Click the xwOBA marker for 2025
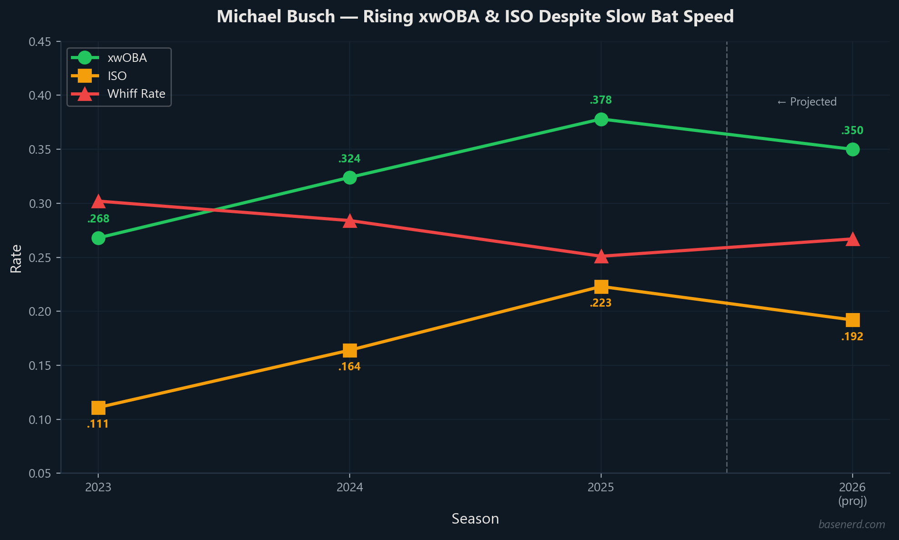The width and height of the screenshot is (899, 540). pos(601,119)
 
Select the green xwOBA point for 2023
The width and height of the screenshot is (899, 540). pos(98,238)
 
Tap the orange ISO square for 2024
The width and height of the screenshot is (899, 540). pos(349,350)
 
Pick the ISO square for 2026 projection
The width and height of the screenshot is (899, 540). pos(852,320)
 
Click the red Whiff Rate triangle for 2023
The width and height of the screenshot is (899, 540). pos(98,202)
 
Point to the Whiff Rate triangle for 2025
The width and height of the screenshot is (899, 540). pos(601,257)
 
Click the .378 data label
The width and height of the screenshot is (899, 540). pos(601,100)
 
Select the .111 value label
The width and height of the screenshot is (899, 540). pos(98,424)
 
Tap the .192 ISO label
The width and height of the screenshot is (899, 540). pos(852,337)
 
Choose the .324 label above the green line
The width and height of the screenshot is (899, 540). pos(349,159)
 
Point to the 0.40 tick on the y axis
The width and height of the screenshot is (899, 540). pos(40,96)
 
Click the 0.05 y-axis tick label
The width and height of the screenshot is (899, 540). pos(40,474)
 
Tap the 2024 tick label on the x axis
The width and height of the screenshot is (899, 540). pos(349,488)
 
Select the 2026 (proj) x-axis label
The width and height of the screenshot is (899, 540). pos(852,494)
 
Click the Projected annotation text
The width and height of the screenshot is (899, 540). pos(807,102)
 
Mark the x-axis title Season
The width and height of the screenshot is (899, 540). pos(475,519)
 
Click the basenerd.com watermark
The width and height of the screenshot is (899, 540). pos(851,525)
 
